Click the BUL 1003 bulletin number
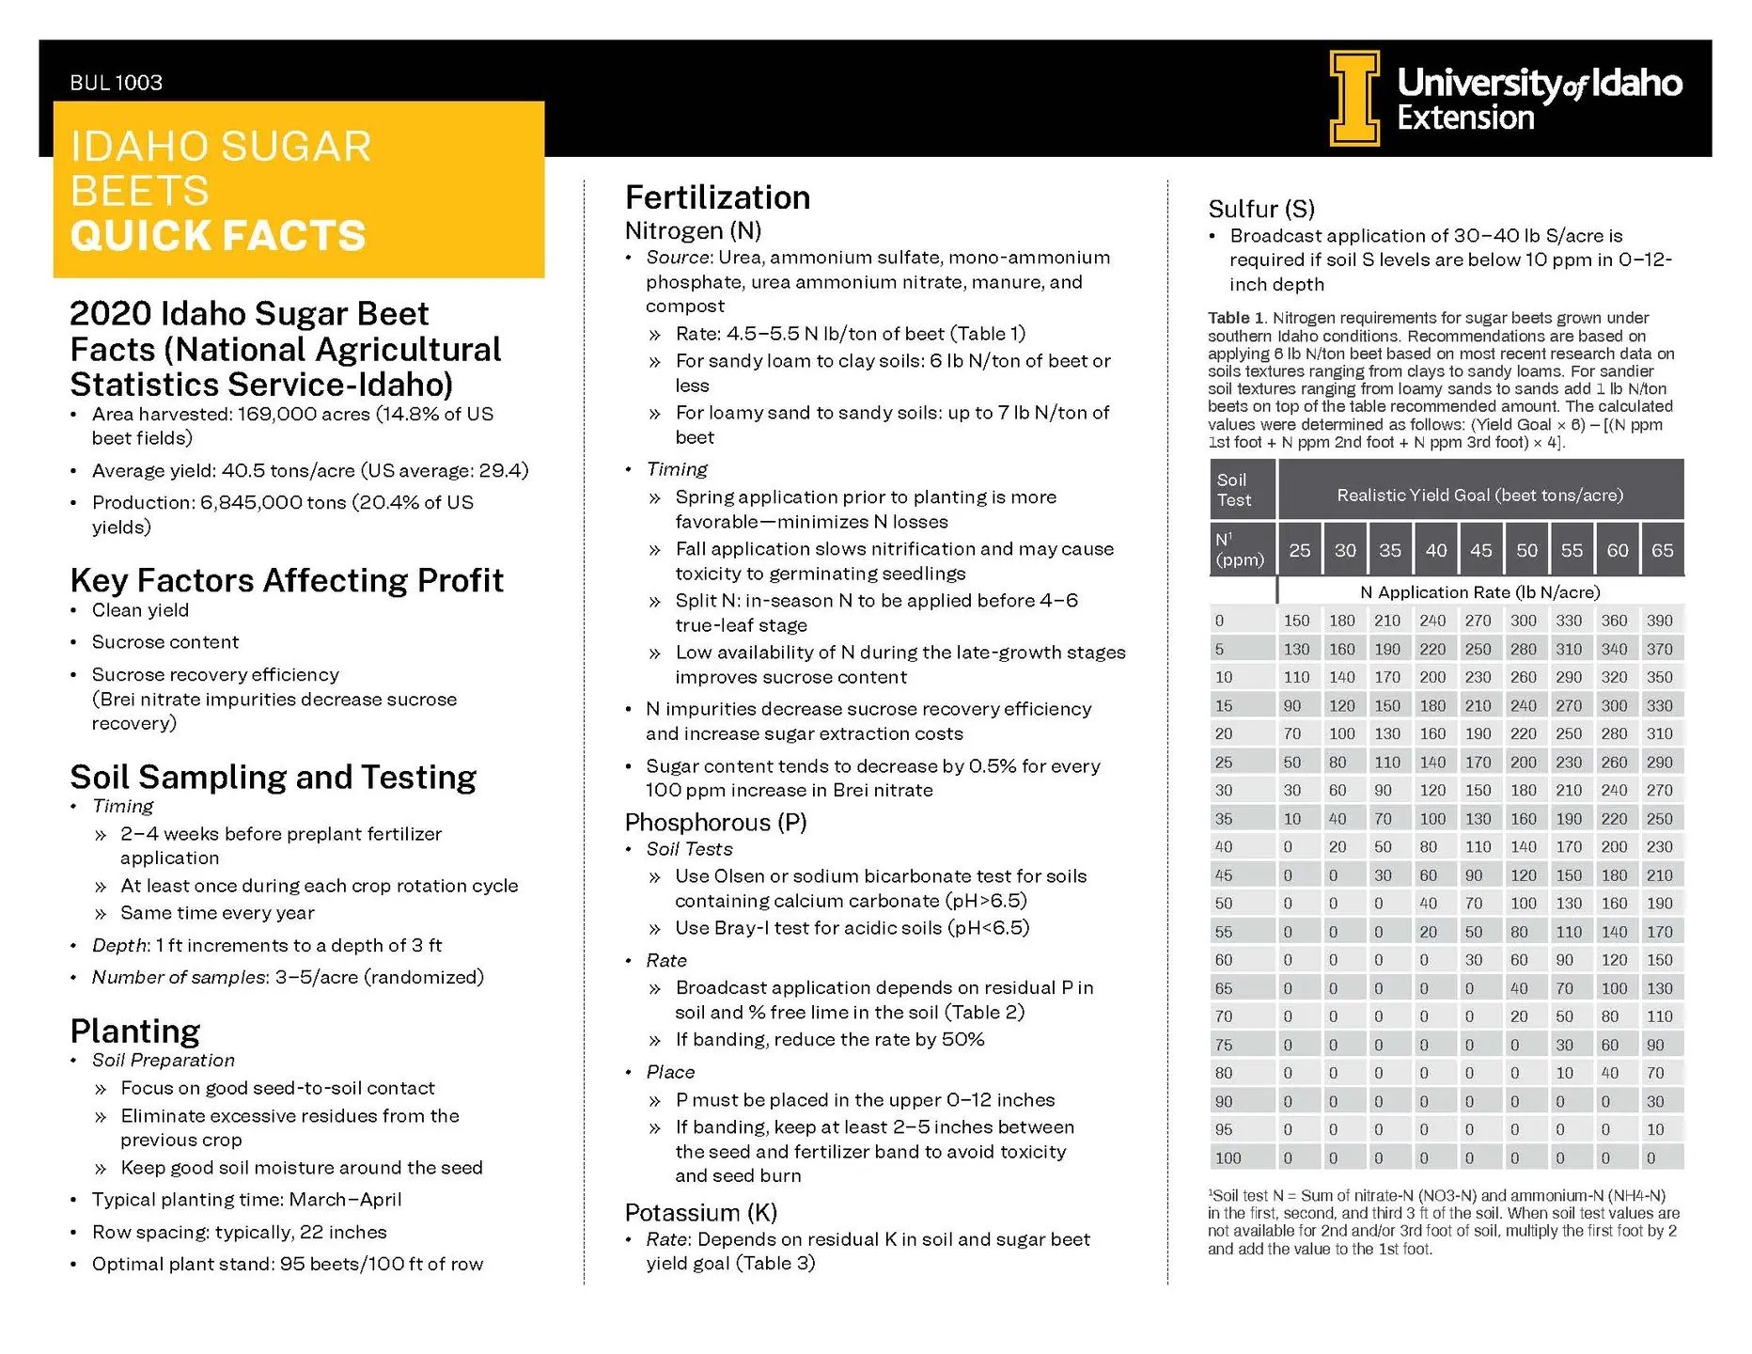pyautogui.click(x=116, y=83)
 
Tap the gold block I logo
pyautogui.click(x=1354, y=98)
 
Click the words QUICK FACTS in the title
pyautogui.click(x=217, y=236)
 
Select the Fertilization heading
pyautogui.click(x=717, y=197)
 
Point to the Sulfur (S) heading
pyautogui.click(x=1261, y=209)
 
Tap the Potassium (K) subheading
pyautogui.click(x=700, y=1212)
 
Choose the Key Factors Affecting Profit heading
pyautogui.click(x=287, y=581)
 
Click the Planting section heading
pyautogui.click(x=135, y=1031)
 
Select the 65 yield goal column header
pyautogui.click(x=1662, y=550)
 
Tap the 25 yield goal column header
pyautogui.click(x=1300, y=550)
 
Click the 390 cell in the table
pyautogui.click(x=1660, y=621)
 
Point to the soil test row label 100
pyautogui.click(x=1228, y=1158)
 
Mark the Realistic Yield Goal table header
pyautogui.click(x=1479, y=495)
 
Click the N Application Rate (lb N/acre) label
pyautogui.click(x=1479, y=592)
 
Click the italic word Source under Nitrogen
pyautogui.click(x=678, y=258)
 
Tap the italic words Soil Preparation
pyautogui.click(x=164, y=1061)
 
